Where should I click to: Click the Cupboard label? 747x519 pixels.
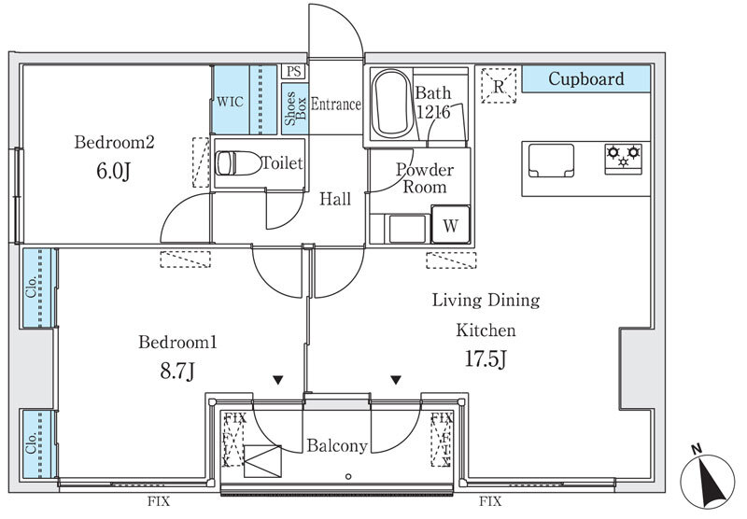pos(585,79)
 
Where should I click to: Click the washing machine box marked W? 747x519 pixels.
pos(450,225)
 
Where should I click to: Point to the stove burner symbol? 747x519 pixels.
pos(623,155)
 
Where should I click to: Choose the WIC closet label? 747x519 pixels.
pos(230,102)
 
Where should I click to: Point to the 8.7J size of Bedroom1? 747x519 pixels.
pos(177,371)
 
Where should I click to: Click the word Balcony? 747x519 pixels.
pos(337,446)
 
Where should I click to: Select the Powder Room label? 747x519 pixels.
pos(425,178)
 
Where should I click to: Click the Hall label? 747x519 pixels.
pos(334,199)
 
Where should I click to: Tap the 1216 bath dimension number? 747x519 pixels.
pos(433,112)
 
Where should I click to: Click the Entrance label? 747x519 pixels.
pos(335,105)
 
